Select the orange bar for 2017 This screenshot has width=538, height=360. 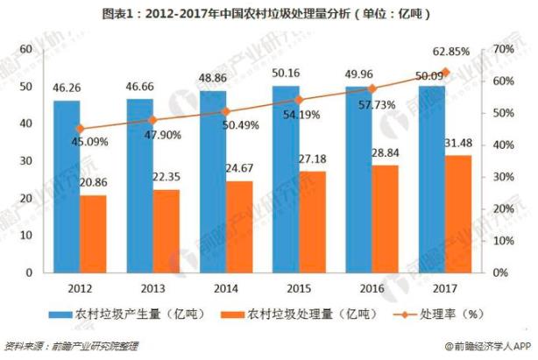457,214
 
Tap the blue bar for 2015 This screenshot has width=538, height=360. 286,179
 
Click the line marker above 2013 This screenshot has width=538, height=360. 152,120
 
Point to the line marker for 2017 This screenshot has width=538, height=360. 445,73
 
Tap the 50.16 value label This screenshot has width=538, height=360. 286,74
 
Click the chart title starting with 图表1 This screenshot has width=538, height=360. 268,15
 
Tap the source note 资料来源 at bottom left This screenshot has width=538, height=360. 70,347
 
